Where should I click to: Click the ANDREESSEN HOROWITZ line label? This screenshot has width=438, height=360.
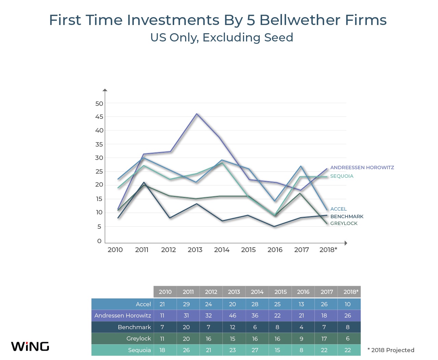[362, 167]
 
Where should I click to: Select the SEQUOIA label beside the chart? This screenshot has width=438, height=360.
[342, 176]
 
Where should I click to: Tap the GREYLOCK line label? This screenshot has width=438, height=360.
[344, 223]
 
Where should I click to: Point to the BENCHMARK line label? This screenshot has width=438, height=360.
[347, 216]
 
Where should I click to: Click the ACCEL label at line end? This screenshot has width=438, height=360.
[338, 209]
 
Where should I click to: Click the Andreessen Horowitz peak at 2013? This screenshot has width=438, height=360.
[197, 114]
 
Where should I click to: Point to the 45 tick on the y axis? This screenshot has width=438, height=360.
[99, 117]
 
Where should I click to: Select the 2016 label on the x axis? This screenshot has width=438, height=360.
[275, 250]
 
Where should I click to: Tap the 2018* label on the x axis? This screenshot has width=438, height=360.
[328, 250]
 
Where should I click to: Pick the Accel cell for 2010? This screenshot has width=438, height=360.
[162, 304]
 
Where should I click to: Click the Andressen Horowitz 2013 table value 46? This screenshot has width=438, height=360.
[233, 315]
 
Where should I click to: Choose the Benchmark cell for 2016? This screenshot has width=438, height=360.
[301, 327]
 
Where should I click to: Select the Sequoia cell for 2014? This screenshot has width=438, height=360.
[255, 350]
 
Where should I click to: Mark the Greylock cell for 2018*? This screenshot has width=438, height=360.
[348, 338]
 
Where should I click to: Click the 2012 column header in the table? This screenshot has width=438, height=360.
[211, 292]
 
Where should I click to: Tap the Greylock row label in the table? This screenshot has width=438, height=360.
[139, 338]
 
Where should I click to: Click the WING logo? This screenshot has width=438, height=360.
[30, 346]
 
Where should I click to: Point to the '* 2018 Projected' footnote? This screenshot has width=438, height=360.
[391, 350]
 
